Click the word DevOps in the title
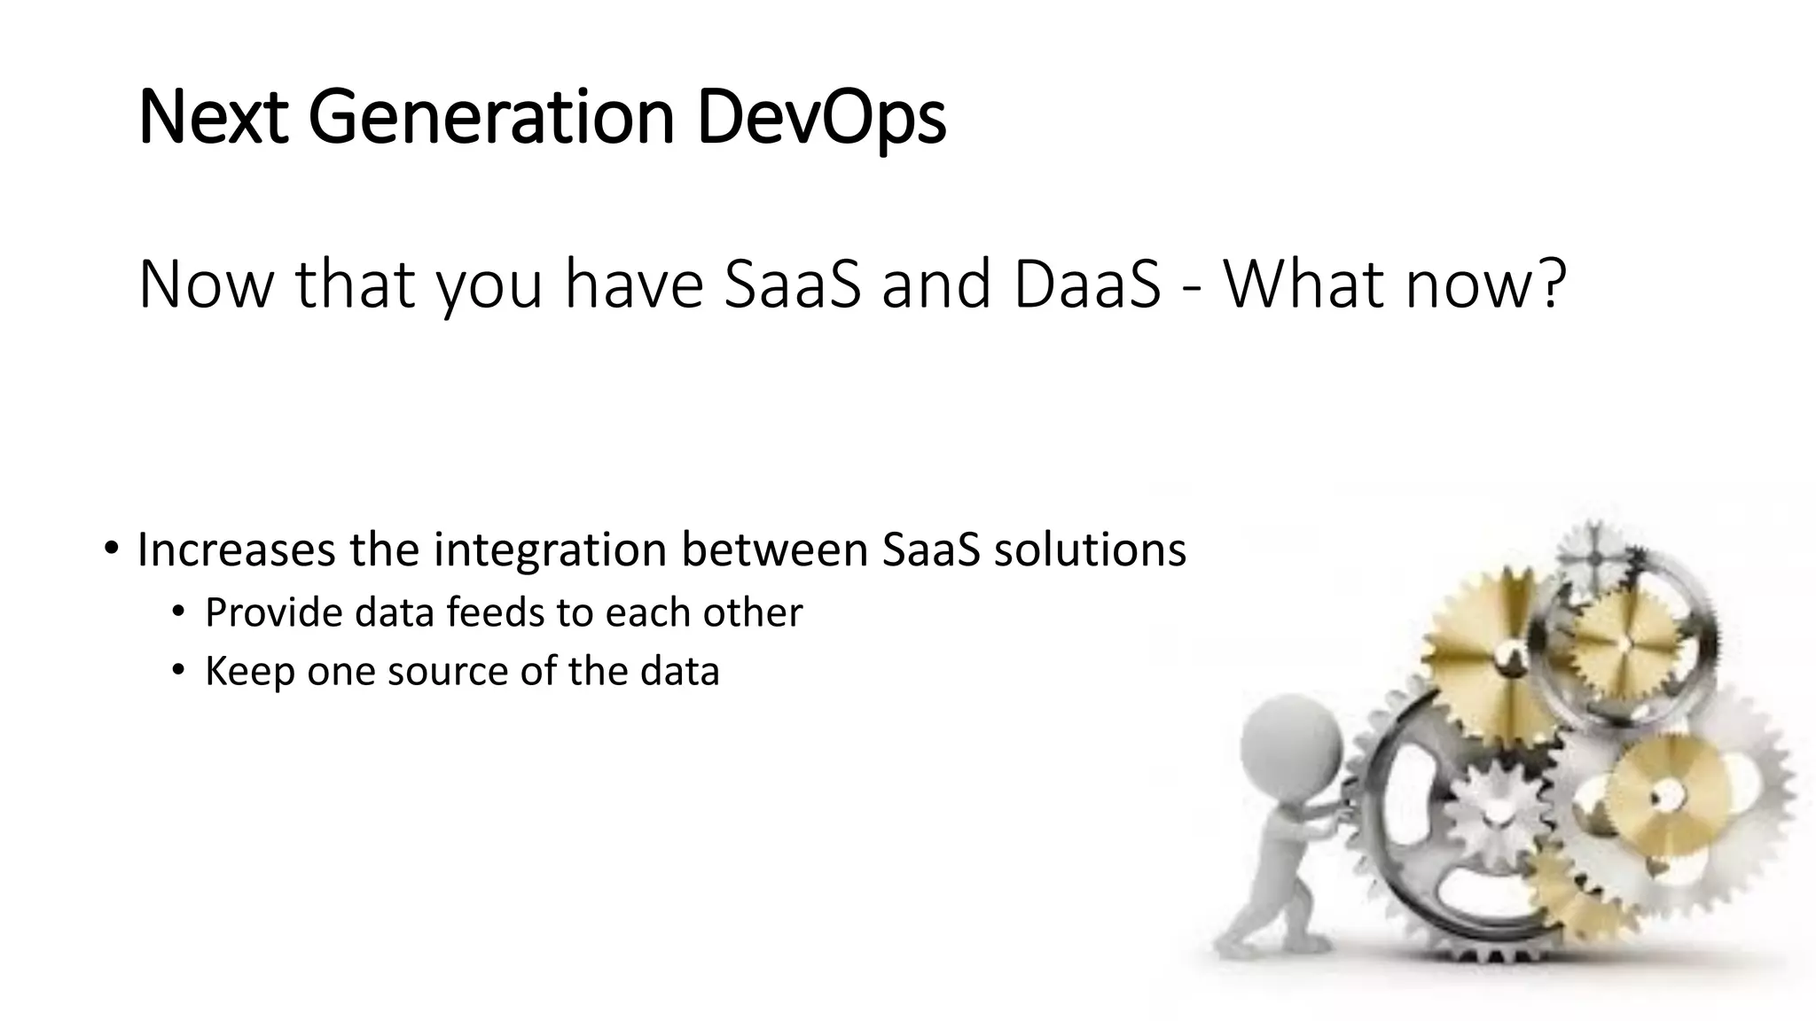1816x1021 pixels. (821, 118)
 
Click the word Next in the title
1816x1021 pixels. (213, 118)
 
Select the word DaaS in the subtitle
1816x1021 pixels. (1086, 285)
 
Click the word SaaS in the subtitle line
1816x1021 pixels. (792, 285)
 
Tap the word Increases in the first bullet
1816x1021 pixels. (236, 550)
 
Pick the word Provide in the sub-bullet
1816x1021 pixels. (272, 613)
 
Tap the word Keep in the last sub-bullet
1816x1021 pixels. (249, 672)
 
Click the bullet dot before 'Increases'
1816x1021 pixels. (110, 549)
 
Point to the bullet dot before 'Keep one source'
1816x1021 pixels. (178, 670)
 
